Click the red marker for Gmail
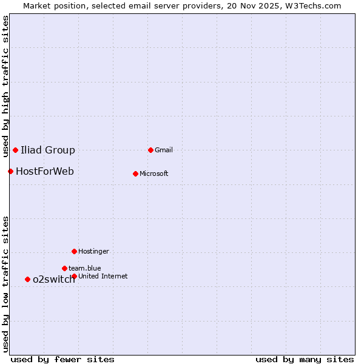pyautogui.click(x=151, y=150)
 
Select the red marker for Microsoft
pyautogui.click(x=135, y=174)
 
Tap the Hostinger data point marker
pyautogui.click(x=74, y=251)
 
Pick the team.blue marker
pyautogui.click(x=64, y=268)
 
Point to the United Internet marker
pyautogui.click(x=74, y=276)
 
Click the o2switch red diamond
pyautogui.click(x=27, y=279)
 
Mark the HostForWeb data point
pyautogui.click(x=10, y=171)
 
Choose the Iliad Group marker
pyautogui.click(x=15, y=150)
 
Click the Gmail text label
pyautogui.click(x=164, y=150)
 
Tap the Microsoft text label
pyautogui.click(x=154, y=174)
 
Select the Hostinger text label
pyautogui.click(x=93, y=252)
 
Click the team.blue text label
pyautogui.click(x=85, y=268)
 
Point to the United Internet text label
pyautogui.click(x=103, y=277)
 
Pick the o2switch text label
pyautogui.click(x=54, y=280)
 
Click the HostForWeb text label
pyautogui.click(x=45, y=172)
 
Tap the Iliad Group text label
pyautogui.click(x=48, y=150)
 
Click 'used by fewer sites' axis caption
pyautogui.click(x=62, y=359)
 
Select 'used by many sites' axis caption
pyautogui.click(x=305, y=359)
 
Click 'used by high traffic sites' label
pyautogui.click(x=6, y=86)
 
